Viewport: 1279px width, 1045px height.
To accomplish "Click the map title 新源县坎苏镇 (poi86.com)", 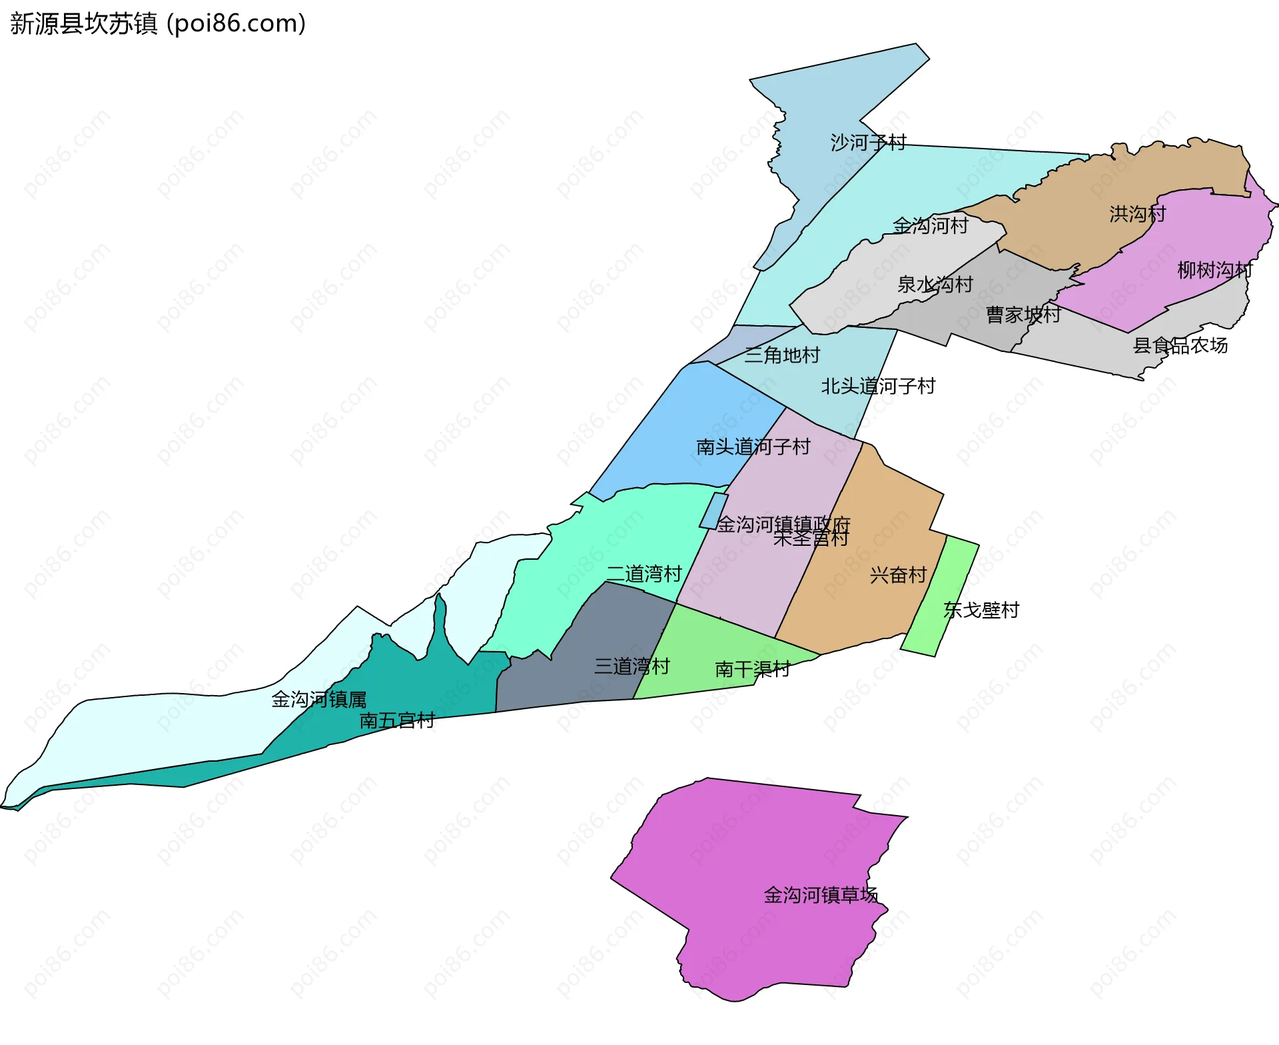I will [158, 23].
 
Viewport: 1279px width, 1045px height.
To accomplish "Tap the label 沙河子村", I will [868, 142].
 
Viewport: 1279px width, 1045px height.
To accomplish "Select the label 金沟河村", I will [930, 225].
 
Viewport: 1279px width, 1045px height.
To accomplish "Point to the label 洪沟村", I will [1137, 213].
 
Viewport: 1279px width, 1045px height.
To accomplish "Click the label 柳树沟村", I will [1215, 270].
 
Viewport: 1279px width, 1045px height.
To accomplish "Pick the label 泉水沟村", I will [935, 285].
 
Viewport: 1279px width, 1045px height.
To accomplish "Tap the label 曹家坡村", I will [1023, 315].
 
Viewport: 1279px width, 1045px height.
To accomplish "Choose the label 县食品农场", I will [1180, 345].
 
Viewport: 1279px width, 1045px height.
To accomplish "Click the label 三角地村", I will [781, 355].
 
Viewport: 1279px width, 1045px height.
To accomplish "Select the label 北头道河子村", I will [878, 386].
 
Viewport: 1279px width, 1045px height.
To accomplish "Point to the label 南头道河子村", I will [753, 447].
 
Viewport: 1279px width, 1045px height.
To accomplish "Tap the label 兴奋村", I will [898, 574].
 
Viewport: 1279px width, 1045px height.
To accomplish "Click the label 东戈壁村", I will [981, 610].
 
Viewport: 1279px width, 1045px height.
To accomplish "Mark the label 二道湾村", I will [644, 574].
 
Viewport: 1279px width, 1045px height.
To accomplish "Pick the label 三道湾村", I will [632, 666].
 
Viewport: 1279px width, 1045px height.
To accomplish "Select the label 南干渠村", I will [752, 668].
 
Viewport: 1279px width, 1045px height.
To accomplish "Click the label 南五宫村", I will [396, 720].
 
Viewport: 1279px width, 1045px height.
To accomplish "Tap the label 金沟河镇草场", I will [820, 894].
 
